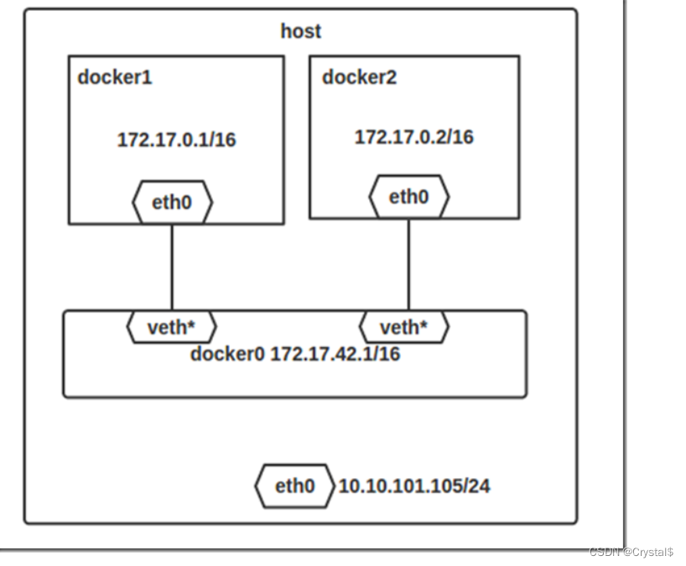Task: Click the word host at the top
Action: [300, 32]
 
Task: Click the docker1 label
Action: [115, 78]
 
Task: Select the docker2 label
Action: [360, 78]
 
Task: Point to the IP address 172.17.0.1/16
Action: [176, 139]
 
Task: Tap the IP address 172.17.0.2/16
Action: [413, 137]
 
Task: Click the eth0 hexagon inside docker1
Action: [172, 202]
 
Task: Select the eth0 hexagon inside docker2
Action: [409, 198]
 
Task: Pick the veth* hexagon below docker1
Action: [171, 327]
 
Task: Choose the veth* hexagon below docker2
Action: [404, 327]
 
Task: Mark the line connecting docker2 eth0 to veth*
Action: [409, 264]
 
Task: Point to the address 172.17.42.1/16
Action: [335, 353]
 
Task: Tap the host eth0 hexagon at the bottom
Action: [294, 486]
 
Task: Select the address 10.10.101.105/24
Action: [414, 486]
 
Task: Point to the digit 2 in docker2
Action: [392, 78]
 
